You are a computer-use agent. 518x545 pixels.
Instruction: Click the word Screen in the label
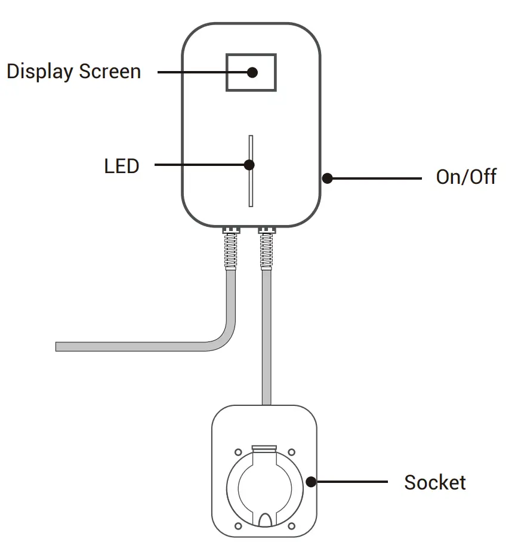click(x=110, y=72)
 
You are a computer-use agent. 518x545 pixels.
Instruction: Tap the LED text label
click(x=121, y=165)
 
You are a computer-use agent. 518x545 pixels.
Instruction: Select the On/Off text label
click(x=465, y=178)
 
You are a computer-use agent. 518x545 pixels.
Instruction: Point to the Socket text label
click(x=434, y=482)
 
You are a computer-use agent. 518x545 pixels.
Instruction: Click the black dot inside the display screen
click(x=252, y=72)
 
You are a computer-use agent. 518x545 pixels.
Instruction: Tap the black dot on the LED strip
click(x=249, y=165)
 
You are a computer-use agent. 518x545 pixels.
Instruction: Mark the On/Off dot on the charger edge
click(x=327, y=178)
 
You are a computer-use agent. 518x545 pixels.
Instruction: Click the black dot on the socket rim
click(x=311, y=482)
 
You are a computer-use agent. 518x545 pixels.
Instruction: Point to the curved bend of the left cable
click(x=224, y=338)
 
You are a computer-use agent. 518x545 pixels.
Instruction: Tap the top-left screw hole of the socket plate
click(x=238, y=452)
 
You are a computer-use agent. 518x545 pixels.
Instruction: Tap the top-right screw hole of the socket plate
click(x=291, y=452)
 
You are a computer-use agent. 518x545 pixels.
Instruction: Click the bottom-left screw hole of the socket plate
click(x=238, y=526)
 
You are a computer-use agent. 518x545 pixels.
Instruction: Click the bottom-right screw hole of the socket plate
click(x=291, y=526)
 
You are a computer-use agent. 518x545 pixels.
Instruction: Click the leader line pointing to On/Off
click(x=376, y=178)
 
